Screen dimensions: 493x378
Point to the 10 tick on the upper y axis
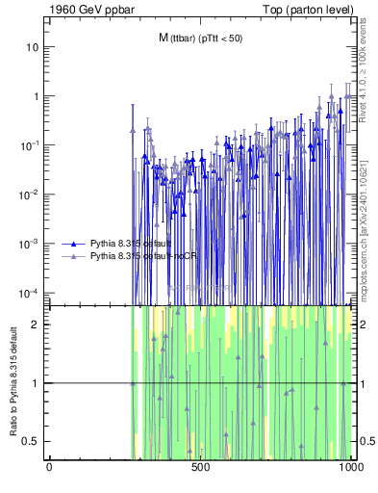tap(34, 47)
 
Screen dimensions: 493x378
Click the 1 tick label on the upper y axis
tap(36, 96)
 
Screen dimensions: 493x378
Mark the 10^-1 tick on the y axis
tap(32, 145)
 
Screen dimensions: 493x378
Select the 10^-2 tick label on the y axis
tap(32, 195)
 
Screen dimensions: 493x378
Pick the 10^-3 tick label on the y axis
tap(32, 244)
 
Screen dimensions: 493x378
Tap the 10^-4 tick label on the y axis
tap(32, 293)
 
